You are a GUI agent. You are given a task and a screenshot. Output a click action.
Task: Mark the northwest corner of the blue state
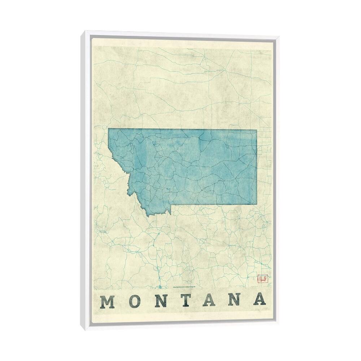point(108,129)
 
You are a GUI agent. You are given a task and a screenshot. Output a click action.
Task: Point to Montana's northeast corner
point(257,130)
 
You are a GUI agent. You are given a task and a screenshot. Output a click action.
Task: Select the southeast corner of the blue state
point(257,204)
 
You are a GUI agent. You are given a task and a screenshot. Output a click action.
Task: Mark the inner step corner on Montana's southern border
point(171,205)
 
